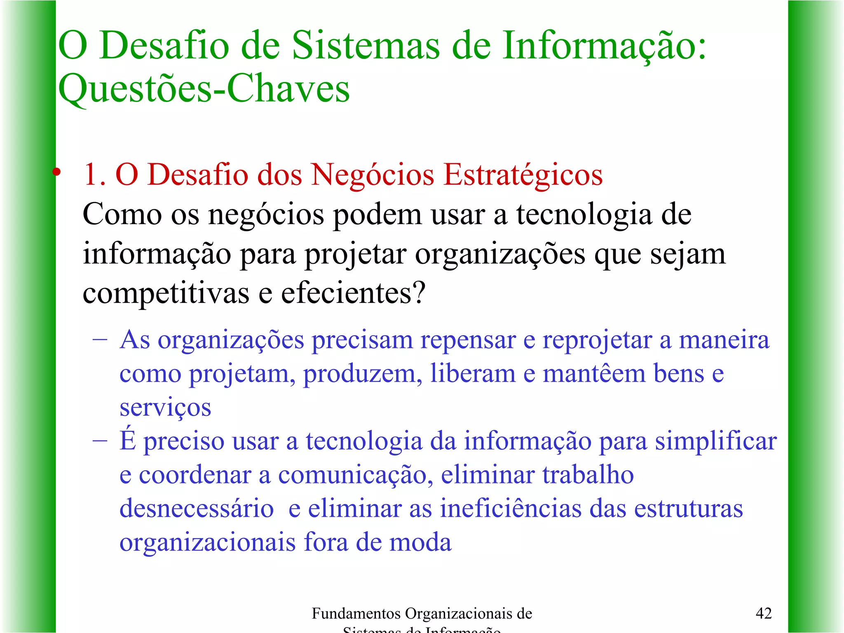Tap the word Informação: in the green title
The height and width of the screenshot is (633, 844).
(604, 46)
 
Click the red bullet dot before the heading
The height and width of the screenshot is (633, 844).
(57, 172)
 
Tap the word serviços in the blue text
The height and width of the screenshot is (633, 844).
(165, 408)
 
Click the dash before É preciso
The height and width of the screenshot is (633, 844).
(100, 441)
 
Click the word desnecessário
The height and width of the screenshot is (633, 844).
(197, 508)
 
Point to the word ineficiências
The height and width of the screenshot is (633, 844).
(511, 508)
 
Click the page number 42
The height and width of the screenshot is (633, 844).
(763, 613)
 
